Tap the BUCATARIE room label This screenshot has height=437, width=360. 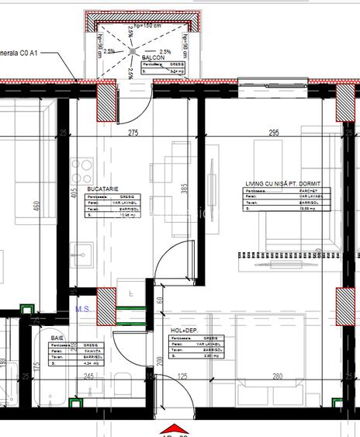(102, 189)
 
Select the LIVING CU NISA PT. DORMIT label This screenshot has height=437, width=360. (282, 182)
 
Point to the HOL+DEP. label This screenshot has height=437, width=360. (184, 331)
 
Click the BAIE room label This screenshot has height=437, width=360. (57, 339)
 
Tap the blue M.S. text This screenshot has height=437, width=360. (85, 309)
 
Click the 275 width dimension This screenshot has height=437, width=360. (133, 134)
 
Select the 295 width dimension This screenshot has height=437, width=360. (273, 134)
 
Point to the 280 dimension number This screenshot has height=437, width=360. (278, 376)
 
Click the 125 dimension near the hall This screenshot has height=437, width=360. (183, 376)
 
